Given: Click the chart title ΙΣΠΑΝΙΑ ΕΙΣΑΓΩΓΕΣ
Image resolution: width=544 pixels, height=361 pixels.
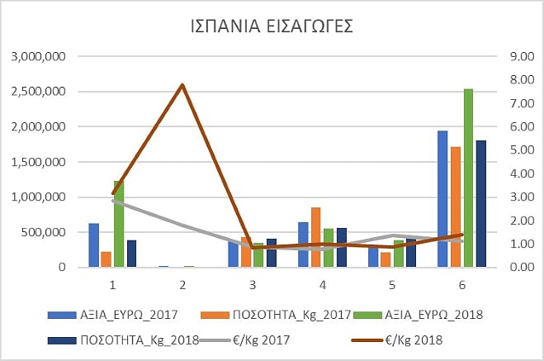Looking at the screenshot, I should click(x=272, y=26).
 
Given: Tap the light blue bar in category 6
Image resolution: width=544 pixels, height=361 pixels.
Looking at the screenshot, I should click(x=442, y=198).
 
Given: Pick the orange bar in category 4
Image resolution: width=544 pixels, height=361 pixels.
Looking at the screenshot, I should click(x=316, y=237).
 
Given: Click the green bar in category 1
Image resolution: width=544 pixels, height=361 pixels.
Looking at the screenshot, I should click(x=119, y=224).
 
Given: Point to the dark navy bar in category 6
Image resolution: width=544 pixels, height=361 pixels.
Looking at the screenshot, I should click(x=480, y=203).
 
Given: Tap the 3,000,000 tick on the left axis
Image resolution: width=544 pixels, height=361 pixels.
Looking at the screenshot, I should click(x=40, y=57).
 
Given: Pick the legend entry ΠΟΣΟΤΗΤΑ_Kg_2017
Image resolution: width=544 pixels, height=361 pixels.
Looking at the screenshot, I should click(x=277, y=314).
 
